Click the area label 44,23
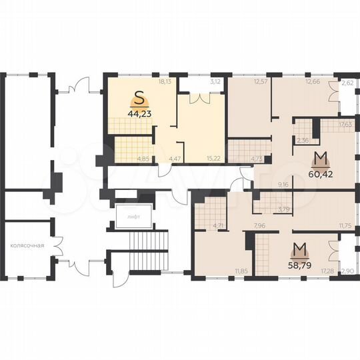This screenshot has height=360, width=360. (x=139, y=113)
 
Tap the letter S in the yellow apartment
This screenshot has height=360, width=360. (x=139, y=98)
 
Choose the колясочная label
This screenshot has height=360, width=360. (x=27, y=245)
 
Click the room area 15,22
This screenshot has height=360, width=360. (x=214, y=158)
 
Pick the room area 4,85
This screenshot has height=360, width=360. (x=142, y=158)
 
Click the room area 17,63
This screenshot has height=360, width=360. (x=345, y=124)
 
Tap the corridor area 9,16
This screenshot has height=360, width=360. (x=283, y=183)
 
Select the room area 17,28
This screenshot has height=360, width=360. (x=327, y=271)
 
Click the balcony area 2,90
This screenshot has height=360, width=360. (x=347, y=271)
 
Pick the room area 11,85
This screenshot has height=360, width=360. (x=241, y=271)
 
